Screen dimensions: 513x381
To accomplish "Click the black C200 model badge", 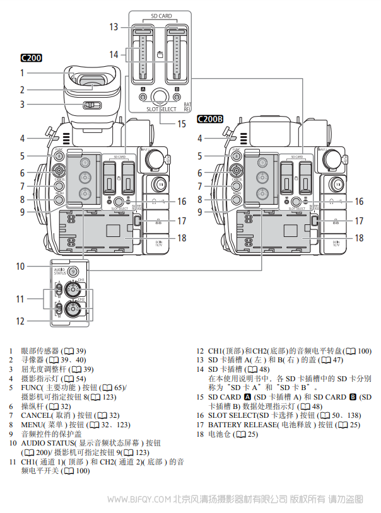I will pos(31,59).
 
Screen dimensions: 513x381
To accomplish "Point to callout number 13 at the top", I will pos(114,27).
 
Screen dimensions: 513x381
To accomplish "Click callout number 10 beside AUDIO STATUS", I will pos(21,267).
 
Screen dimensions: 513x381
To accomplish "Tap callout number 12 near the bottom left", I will pos(21,321).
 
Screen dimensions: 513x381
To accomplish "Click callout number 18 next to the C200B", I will pos(358,238).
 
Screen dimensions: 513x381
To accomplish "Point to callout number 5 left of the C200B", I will pos(201,156).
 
